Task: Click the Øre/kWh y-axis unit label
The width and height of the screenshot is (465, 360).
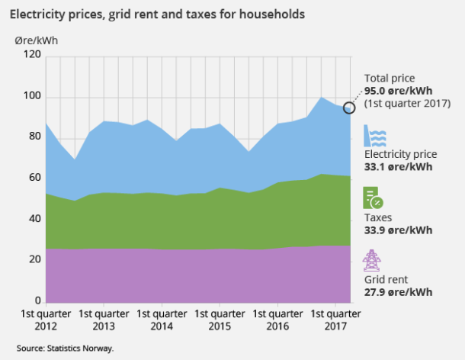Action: [x=35, y=40]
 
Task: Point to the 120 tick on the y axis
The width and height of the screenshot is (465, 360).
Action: [x=31, y=55]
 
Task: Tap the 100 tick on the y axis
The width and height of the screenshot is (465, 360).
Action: [x=31, y=97]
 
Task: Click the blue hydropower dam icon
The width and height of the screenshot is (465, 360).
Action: [x=374, y=136]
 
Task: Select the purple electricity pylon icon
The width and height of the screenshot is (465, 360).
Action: [x=372, y=260]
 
